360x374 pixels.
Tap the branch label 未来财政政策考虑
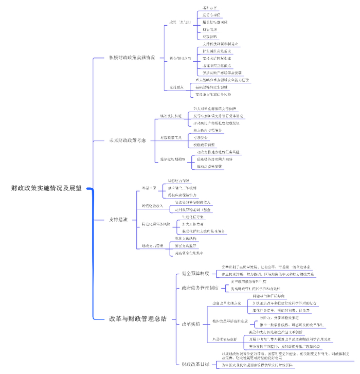click(x=127, y=139)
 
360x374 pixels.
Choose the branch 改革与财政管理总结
click(x=138, y=318)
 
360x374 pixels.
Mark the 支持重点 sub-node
click(x=177, y=88)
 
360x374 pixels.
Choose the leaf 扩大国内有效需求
click(x=217, y=51)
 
